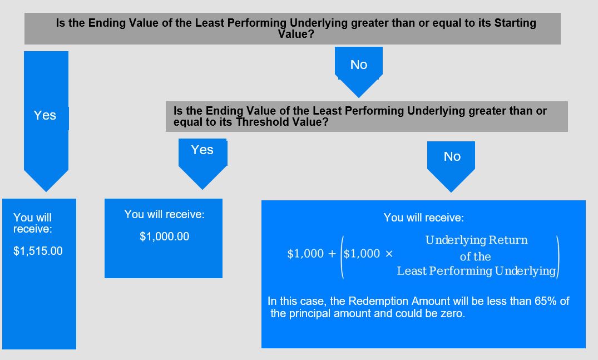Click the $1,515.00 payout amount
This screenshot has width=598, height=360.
click(x=38, y=251)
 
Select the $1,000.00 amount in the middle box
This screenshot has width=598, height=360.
click(x=164, y=236)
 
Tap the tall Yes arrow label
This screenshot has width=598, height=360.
click(x=45, y=115)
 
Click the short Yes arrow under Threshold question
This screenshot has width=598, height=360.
click(x=202, y=164)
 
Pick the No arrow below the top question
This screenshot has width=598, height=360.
click(x=358, y=72)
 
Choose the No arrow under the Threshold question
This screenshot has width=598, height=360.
click(x=451, y=167)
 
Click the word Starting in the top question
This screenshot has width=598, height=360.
click(x=515, y=23)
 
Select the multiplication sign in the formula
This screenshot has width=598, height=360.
click(x=389, y=254)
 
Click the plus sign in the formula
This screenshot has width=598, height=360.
click(x=332, y=254)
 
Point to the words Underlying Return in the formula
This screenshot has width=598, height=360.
click(x=476, y=240)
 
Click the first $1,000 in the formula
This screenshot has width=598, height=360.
click(x=305, y=254)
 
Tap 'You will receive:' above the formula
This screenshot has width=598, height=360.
click(x=424, y=218)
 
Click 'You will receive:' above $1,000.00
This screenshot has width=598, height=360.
click(x=164, y=214)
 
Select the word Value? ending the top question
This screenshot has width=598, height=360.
click(x=296, y=34)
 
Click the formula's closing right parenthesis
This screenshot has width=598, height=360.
click(x=557, y=257)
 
